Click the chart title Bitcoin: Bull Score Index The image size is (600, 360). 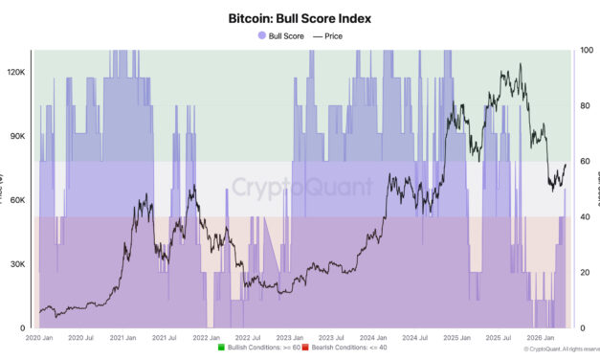tap(300, 17)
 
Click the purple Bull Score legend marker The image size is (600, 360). tap(261, 35)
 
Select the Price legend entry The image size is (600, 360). tap(325, 35)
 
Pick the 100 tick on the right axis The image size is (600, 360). tap(586, 51)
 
